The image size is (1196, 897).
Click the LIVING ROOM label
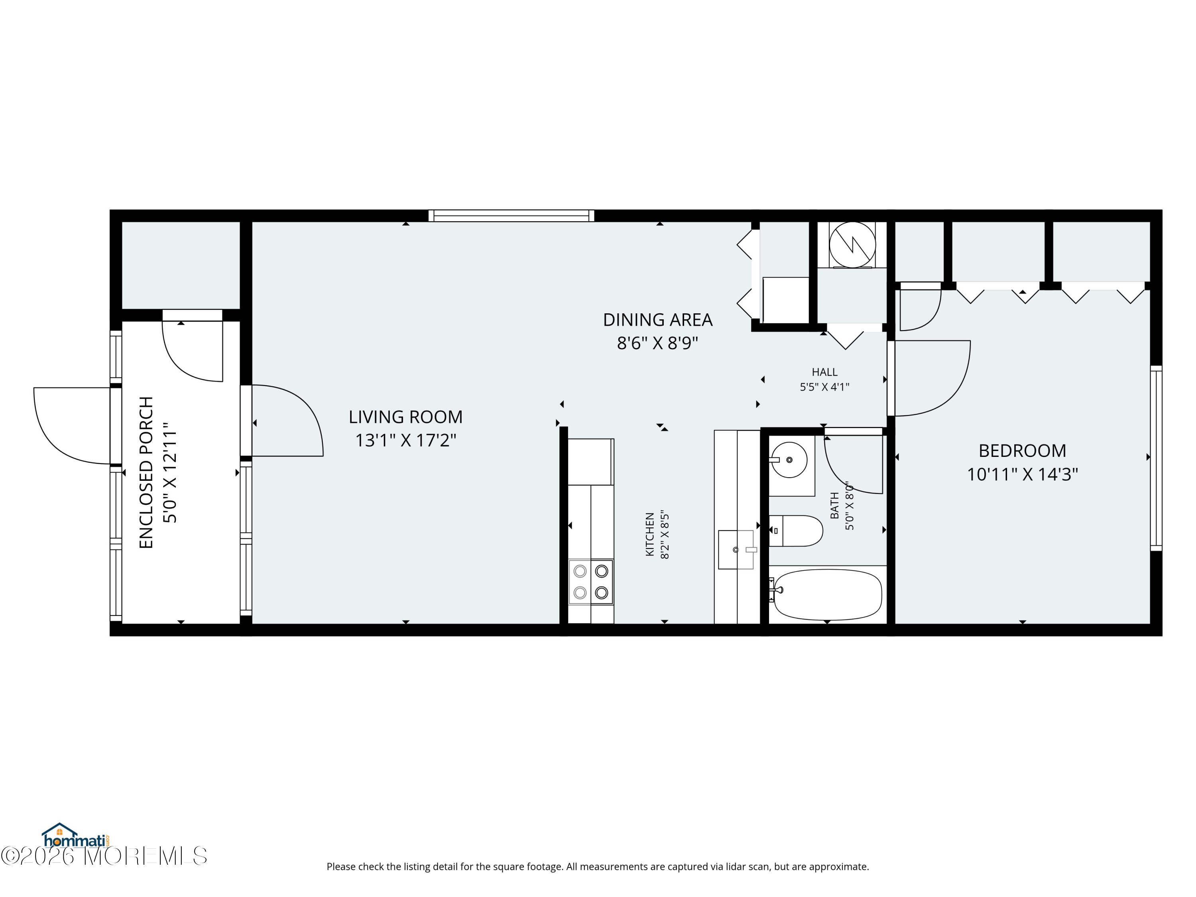coord(405,417)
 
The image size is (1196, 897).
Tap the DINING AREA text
coord(657,320)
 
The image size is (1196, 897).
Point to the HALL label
coord(824,372)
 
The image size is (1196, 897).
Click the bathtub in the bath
coord(828,595)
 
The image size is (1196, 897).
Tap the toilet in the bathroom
coord(795,531)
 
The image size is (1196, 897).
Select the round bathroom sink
coord(789,460)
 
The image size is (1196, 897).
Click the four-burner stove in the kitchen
coord(591,582)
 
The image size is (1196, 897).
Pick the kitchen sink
coord(736,549)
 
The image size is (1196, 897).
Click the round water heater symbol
coord(852,244)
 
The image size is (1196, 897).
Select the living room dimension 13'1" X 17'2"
coord(405,441)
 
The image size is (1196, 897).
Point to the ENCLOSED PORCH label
coord(147,472)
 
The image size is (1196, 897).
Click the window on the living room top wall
coord(511,216)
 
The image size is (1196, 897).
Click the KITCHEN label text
coord(650,534)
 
